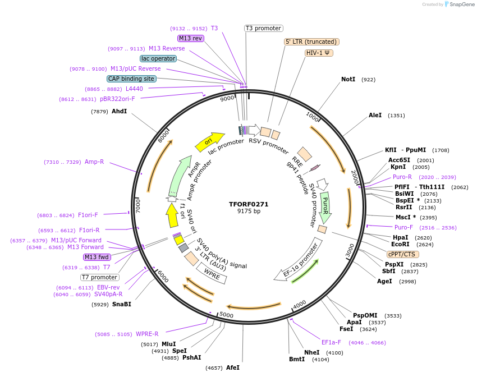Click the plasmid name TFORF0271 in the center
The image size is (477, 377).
(249, 204)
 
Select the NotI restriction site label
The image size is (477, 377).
(348, 80)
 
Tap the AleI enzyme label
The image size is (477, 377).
(375, 116)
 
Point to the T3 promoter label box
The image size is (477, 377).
(264, 28)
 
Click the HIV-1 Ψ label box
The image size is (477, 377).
(319, 53)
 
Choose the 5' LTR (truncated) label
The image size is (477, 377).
(311, 42)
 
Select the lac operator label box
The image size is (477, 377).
(158, 58)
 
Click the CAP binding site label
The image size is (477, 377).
(131, 79)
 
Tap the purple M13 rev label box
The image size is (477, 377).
(190, 38)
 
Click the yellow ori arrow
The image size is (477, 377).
(209, 142)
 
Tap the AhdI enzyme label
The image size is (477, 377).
(120, 112)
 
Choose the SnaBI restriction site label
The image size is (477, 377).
(122, 304)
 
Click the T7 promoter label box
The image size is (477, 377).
(100, 277)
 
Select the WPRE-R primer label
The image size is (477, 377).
(147, 334)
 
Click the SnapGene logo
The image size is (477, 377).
(459, 4)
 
